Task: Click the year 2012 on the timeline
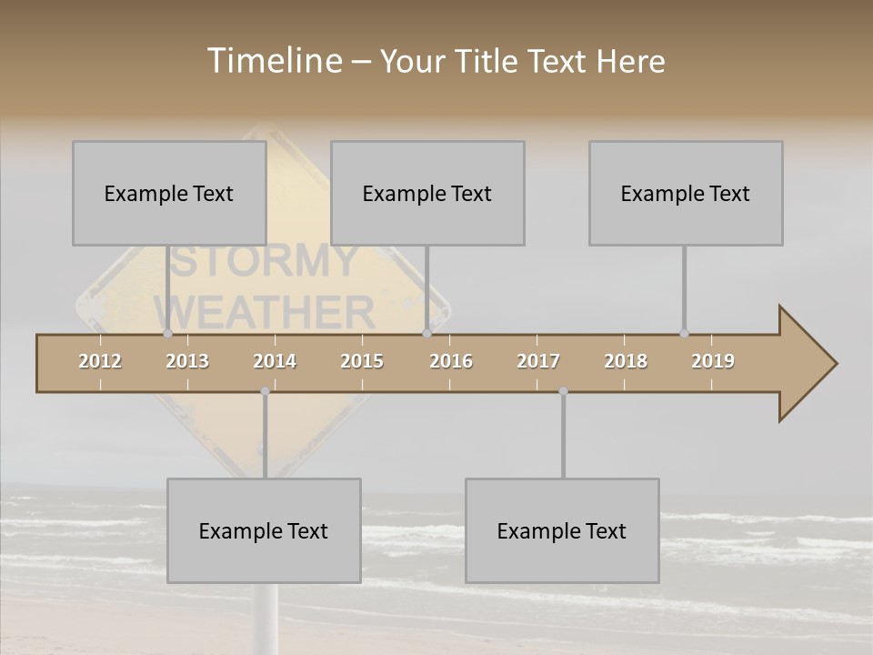[100, 361]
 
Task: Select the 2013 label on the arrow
[187, 361]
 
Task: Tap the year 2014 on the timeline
[275, 361]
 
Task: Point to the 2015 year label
[362, 361]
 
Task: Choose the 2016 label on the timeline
[451, 361]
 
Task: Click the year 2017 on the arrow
[538, 361]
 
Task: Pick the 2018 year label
[626, 361]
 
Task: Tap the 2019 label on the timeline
[713, 361]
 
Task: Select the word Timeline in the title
[274, 61]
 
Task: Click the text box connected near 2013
[169, 193]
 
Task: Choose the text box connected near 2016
[427, 193]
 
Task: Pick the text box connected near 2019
[686, 193]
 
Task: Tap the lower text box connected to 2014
[264, 530]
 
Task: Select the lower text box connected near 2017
[562, 530]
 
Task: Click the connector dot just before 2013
[167, 334]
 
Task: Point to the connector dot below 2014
[265, 391]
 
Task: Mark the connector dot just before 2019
[684, 334]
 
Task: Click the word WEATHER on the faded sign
[271, 313]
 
